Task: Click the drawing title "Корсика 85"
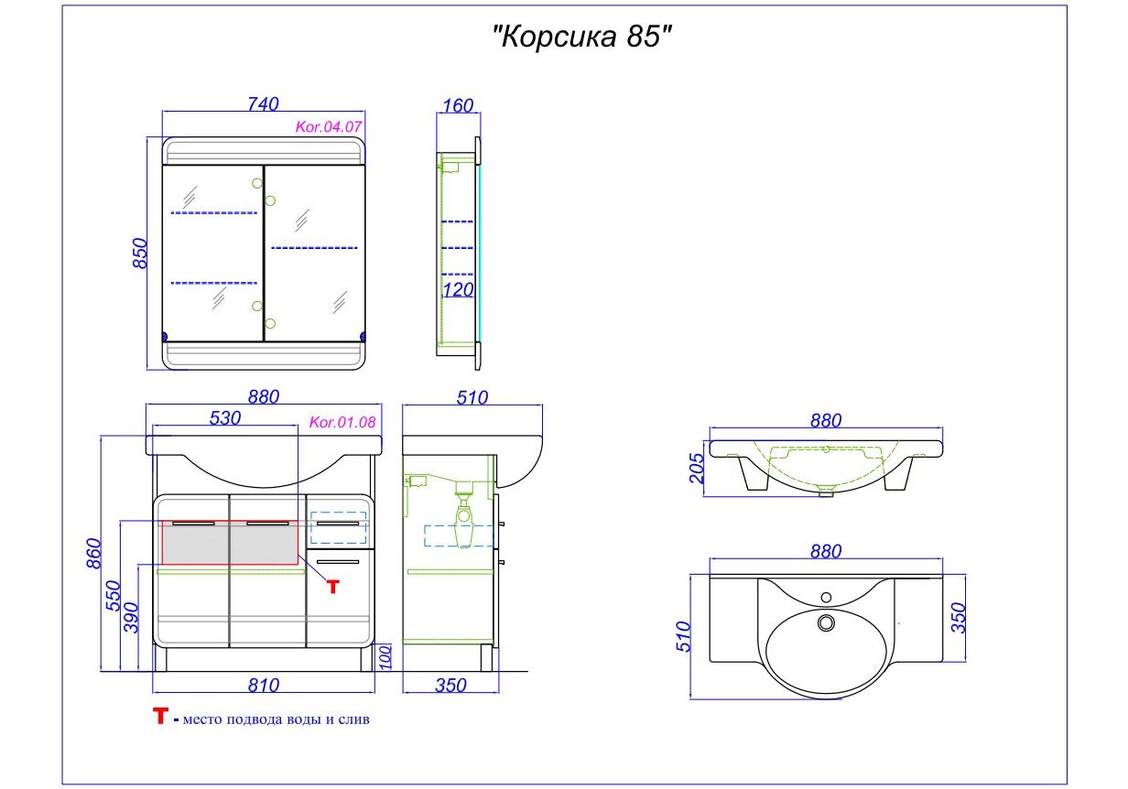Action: coord(581,37)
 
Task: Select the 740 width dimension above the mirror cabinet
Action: coord(263,104)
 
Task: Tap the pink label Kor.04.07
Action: coord(329,127)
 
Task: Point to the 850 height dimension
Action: coord(141,254)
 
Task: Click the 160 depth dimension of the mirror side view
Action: coord(458,106)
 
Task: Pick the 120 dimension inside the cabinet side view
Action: coord(458,289)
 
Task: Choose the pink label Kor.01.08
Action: coord(342,422)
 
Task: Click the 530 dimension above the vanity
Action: coord(225,418)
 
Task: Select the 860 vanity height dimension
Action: coord(94,554)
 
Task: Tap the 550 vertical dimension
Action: coord(114,596)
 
